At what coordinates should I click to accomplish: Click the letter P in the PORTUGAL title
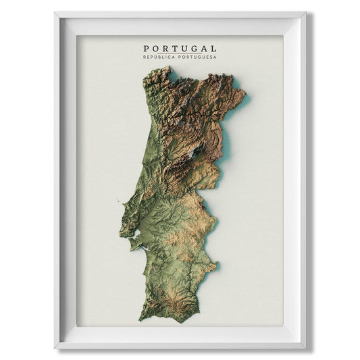pyautogui.click(x=147, y=49)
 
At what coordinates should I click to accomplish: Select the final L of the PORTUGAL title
pyautogui.click(x=213, y=49)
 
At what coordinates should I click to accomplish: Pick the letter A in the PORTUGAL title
pyautogui.click(x=204, y=49)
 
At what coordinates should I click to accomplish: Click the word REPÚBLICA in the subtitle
pyautogui.click(x=158, y=57)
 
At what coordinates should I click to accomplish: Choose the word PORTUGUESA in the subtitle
pyautogui.click(x=197, y=57)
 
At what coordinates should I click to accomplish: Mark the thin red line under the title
pyautogui.click(x=180, y=53)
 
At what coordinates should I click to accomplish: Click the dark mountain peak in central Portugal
pyautogui.click(x=196, y=154)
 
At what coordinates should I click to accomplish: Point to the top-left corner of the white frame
pyautogui.click(x=55, y=12)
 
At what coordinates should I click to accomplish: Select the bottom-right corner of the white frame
pyautogui.click(x=305, y=349)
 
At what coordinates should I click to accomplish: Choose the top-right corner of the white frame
pyautogui.click(x=305, y=12)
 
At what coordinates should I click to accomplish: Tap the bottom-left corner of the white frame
pyautogui.click(x=55, y=349)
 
